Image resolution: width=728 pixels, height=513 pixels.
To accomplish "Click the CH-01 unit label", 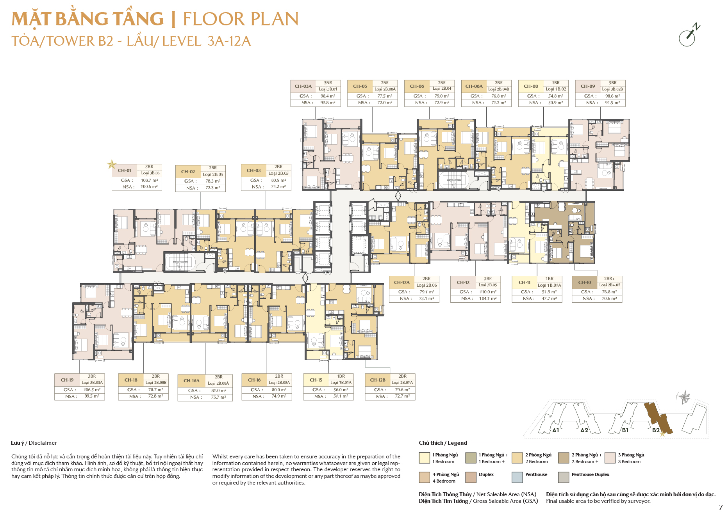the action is point(125,170).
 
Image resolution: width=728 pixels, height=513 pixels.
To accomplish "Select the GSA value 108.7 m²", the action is point(149,181).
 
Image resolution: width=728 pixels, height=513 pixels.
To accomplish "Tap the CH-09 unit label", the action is point(588,86).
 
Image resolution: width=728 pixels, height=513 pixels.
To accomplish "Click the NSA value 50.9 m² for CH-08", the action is point(556,103).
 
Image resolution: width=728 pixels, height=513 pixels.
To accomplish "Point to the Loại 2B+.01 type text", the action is point(610,285).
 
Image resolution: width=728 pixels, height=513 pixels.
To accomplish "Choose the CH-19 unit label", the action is point(67,380).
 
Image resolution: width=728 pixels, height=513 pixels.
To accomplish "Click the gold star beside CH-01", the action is point(112,164).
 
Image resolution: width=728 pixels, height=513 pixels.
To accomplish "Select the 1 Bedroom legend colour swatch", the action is point(424,458).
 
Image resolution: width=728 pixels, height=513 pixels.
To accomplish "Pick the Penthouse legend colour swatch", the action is point(517,477).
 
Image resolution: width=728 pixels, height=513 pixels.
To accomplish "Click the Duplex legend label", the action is point(486,475).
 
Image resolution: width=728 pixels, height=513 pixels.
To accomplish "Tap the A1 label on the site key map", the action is point(556,430).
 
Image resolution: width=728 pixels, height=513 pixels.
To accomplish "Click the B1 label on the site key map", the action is point(625,430).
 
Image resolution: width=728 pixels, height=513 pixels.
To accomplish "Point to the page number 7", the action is point(721,508).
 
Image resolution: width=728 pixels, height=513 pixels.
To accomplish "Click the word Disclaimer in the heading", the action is point(43,443).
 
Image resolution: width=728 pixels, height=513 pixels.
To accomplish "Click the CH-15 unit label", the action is point(316,380).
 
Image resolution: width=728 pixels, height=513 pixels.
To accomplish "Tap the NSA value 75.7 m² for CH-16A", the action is point(219,398).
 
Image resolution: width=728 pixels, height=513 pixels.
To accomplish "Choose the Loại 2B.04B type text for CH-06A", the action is point(499,89).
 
